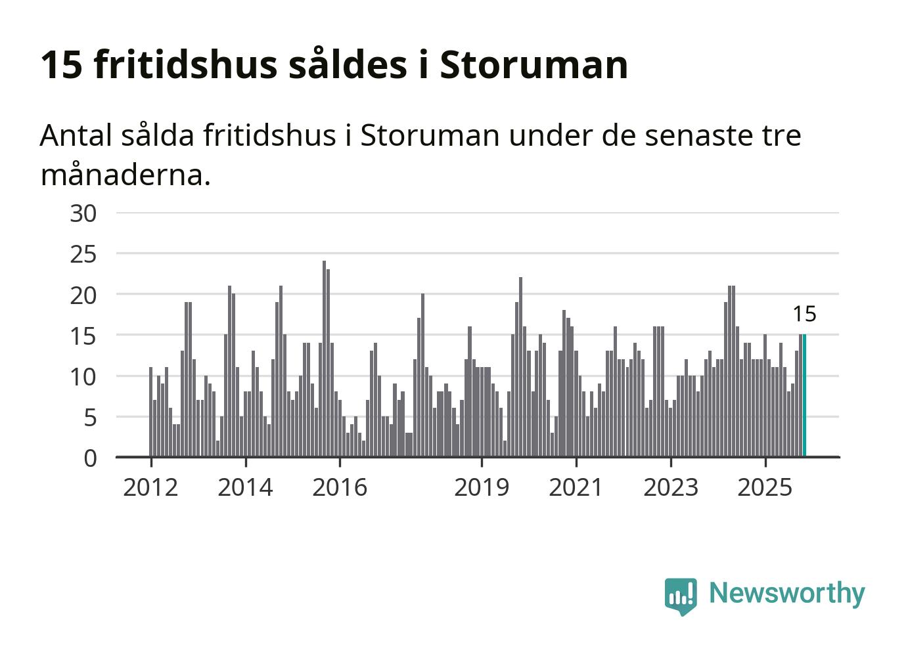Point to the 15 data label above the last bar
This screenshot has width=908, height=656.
click(804, 315)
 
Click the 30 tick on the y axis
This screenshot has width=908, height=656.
click(83, 213)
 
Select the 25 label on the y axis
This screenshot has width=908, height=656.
click(83, 254)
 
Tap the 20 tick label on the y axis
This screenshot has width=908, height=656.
click(83, 295)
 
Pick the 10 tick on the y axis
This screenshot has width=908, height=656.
click(83, 377)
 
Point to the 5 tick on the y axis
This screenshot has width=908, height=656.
click(90, 418)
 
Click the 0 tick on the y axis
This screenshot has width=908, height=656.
click(90, 458)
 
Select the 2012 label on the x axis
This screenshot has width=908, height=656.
click(150, 487)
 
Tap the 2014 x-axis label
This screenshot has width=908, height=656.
click(245, 487)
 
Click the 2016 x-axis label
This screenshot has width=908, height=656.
click(340, 487)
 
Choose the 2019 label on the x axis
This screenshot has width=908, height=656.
click(482, 487)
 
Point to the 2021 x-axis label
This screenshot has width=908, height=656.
click(576, 487)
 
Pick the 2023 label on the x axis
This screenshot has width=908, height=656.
click(671, 487)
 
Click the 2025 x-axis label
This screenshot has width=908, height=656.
click(765, 487)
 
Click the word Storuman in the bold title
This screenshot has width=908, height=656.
click(533, 64)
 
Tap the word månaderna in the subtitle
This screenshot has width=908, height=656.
click(125, 175)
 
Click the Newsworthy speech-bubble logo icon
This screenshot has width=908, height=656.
click(680, 596)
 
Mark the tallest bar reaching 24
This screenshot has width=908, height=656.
click(324, 359)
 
